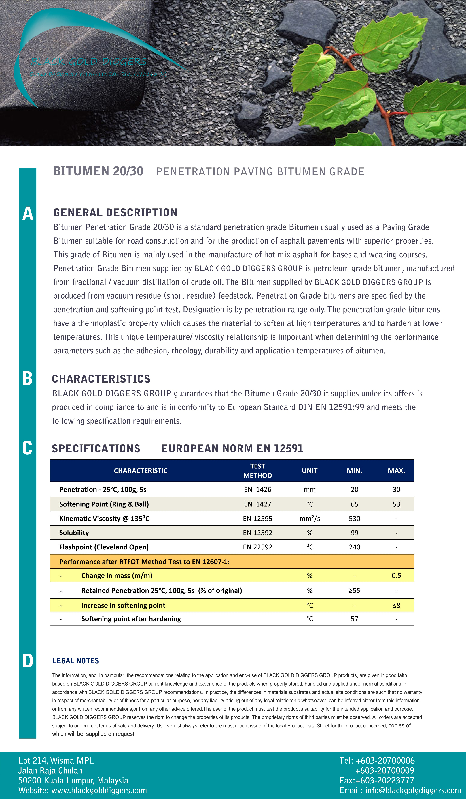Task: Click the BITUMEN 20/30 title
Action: pyautogui.click(x=98, y=171)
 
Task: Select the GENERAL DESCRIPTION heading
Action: pyautogui.click(x=115, y=212)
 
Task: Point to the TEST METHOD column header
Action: pyautogui.click(x=257, y=471)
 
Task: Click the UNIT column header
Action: pyautogui.click(x=310, y=471)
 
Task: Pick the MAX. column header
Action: pyautogui.click(x=396, y=471)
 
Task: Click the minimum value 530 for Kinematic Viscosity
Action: pyautogui.click(x=355, y=518)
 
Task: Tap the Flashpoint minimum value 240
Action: pyautogui.click(x=355, y=547)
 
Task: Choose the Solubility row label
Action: pyautogui.click(x=74, y=533)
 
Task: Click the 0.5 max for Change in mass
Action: pyautogui.click(x=396, y=575)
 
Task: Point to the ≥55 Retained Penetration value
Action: pyautogui.click(x=355, y=590)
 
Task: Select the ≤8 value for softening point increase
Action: pyautogui.click(x=396, y=605)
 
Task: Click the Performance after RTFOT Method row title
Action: pyautogui.click(x=144, y=562)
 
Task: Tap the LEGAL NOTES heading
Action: pyautogui.click(x=76, y=661)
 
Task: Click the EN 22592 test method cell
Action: pyautogui.click(x=257, y=547)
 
